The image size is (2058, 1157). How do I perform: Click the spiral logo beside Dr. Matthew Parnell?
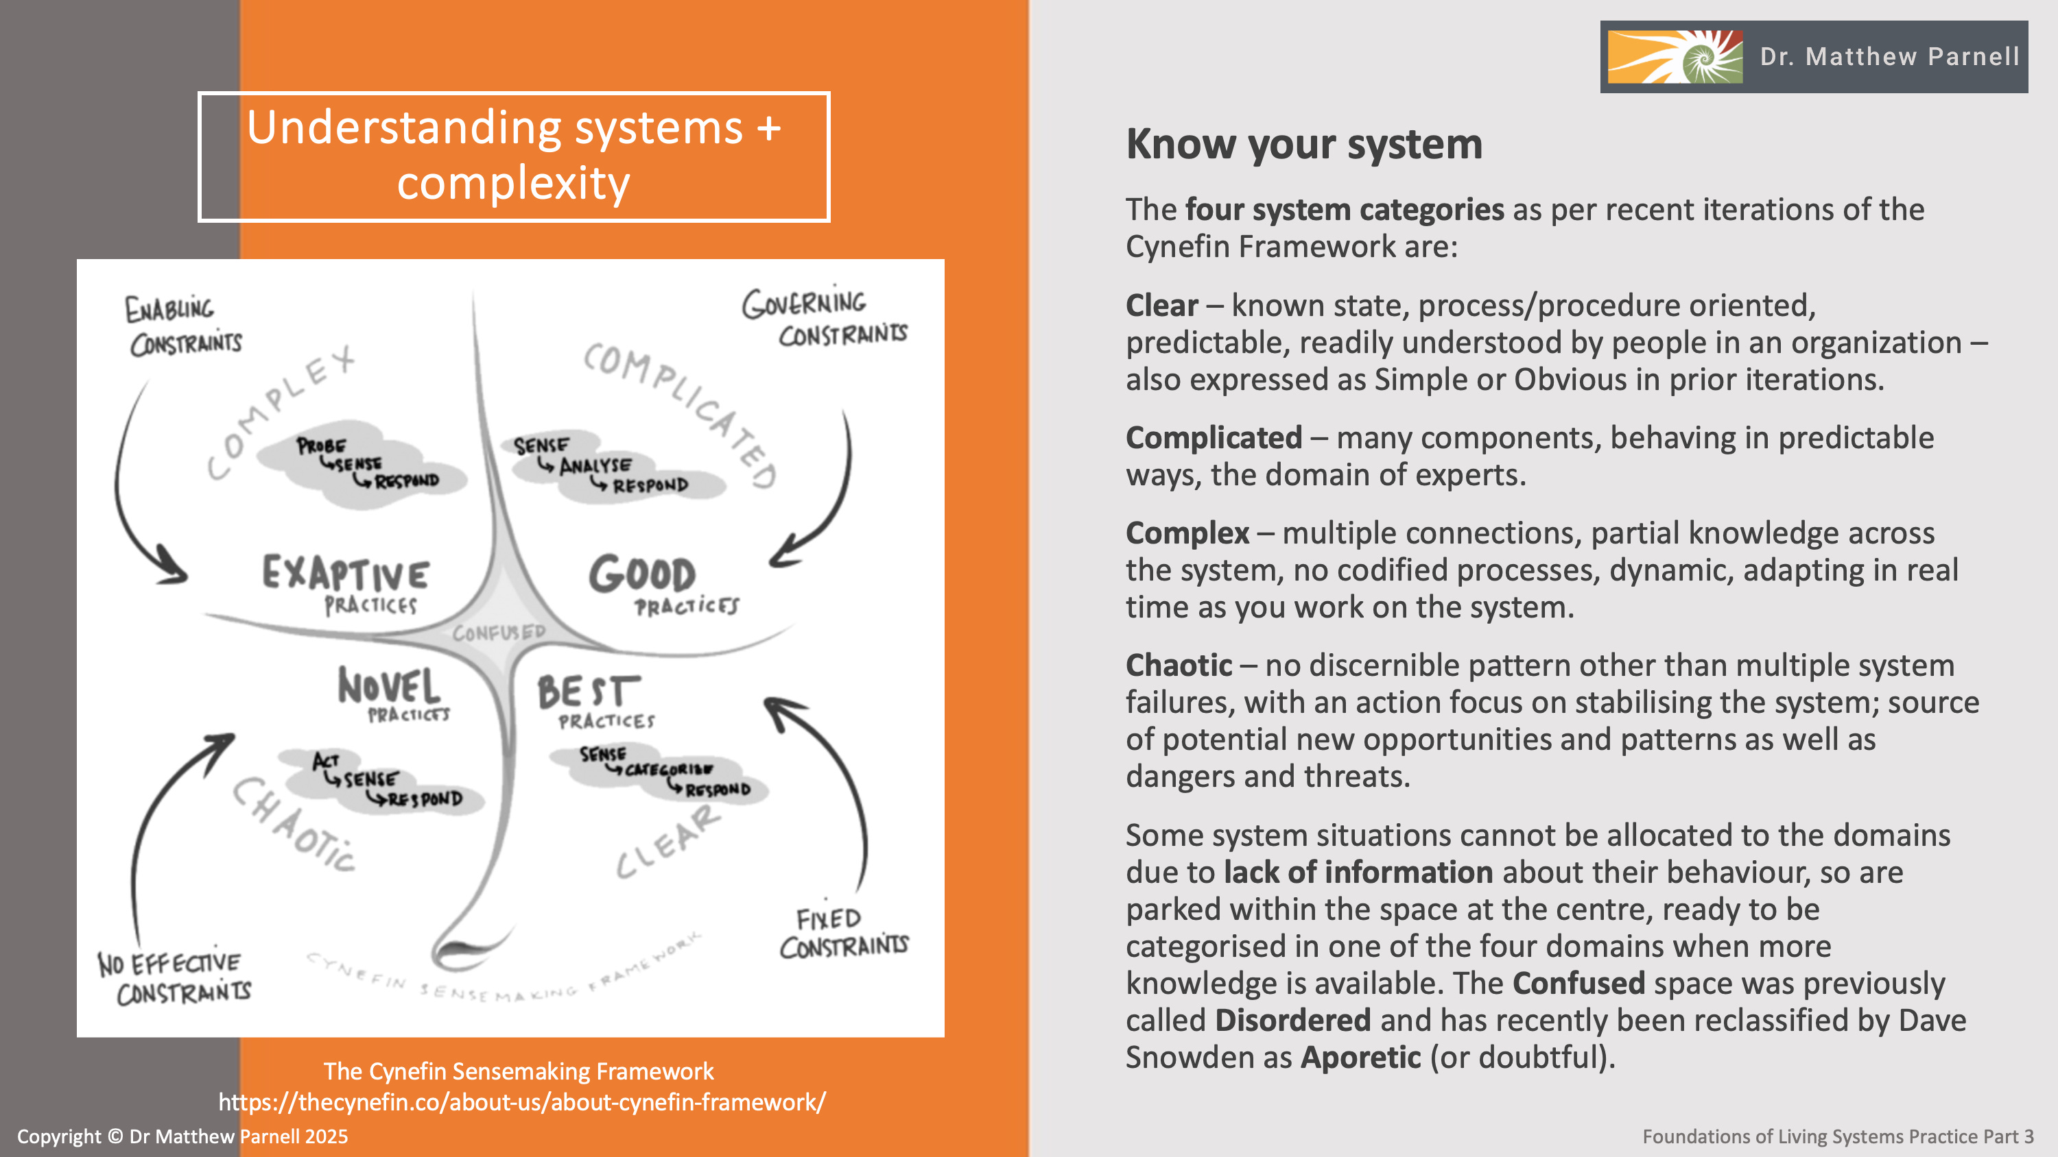1675,57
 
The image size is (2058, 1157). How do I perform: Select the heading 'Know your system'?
1304,145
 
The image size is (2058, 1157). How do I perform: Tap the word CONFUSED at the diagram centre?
499,633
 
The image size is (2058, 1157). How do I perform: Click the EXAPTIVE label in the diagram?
346,572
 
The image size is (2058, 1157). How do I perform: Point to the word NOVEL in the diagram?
389,686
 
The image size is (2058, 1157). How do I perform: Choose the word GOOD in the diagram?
642,574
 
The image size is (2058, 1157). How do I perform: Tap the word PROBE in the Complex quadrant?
321,446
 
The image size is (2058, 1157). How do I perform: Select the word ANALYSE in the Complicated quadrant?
595,465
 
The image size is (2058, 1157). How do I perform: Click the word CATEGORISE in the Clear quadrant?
669,770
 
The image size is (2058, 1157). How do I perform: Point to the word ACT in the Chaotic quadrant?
326,760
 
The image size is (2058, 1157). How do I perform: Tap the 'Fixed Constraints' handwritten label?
844,933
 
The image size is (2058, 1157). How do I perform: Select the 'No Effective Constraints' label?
174,977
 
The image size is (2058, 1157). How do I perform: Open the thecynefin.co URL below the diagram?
521,1102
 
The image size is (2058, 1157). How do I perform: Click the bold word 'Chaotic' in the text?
1179,665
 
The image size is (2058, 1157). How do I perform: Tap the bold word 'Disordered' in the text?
1292,1021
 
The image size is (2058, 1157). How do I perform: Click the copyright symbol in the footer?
115,1136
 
